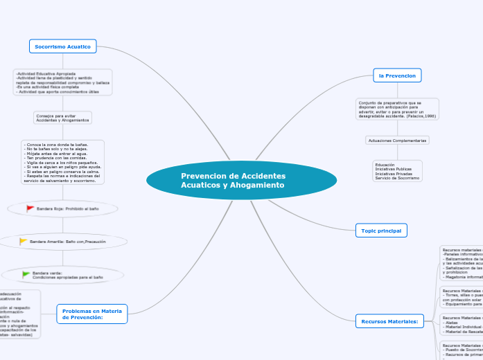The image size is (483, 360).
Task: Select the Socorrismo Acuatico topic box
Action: pyautogui.click(x=63, y=46)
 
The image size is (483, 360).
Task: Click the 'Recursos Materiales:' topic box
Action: pyautogui.click(x=389, y=321)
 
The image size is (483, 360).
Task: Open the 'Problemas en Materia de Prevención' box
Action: pyautogui.click(x=91, y=314)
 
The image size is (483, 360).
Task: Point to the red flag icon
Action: pyautogui.click(x=30, y=208)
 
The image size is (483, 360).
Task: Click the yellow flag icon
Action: pyautogui.click(x=24, y=241)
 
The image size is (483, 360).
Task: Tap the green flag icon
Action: pyautogui.click(x=26, y=274)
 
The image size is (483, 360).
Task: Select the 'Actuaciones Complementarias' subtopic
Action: pyautogui.click(x=397, y=141)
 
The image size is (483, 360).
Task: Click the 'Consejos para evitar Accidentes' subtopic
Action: pyautogui.click(x=62, y=118)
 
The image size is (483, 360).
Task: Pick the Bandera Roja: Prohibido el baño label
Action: pyautogui.click(x=67, y=208)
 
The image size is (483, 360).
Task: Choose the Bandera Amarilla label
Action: pyautogui.click(x=72, y=241)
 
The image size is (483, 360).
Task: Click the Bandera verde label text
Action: pyautogui.click(x=67, y=275)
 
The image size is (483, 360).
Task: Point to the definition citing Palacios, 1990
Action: pyautogui.click(x=397, y=109)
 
